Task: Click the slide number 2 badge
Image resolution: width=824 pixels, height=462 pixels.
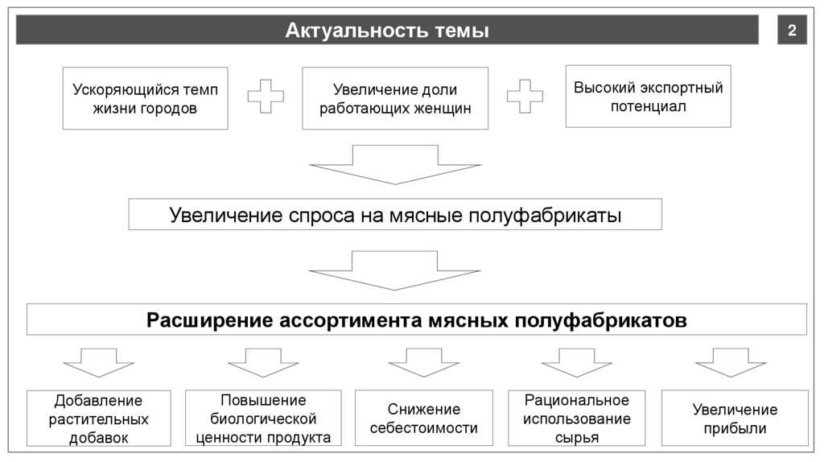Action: click(792, 31)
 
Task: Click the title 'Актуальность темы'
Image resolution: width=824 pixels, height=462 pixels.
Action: click(387, 31)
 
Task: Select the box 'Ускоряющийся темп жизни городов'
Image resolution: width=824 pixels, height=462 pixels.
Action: click(145, 98)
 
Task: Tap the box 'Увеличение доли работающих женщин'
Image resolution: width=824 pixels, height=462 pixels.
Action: click(395, 98)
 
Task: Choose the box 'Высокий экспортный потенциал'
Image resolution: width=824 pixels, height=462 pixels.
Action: click(648, 97)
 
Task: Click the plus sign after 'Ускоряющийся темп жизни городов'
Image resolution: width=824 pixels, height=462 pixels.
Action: click(265, 97)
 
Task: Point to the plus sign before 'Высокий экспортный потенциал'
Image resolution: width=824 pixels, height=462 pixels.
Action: click(525, 97)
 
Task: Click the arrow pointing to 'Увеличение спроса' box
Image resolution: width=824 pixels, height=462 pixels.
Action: click(395, 164)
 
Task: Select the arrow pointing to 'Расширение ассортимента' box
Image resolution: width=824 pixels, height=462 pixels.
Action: click(395, 270)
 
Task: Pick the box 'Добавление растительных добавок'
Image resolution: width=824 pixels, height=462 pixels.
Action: click(98, 419)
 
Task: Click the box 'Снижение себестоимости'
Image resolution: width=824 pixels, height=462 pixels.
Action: click(423, 419)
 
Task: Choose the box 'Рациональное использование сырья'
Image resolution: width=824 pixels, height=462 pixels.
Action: click(577, 419)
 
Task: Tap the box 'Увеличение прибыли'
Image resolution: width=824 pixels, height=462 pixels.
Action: click(735, 419)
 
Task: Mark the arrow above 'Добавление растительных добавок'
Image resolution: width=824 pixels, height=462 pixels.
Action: click(99, 363)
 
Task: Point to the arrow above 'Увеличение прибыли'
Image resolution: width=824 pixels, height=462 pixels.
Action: click(731, 363)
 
